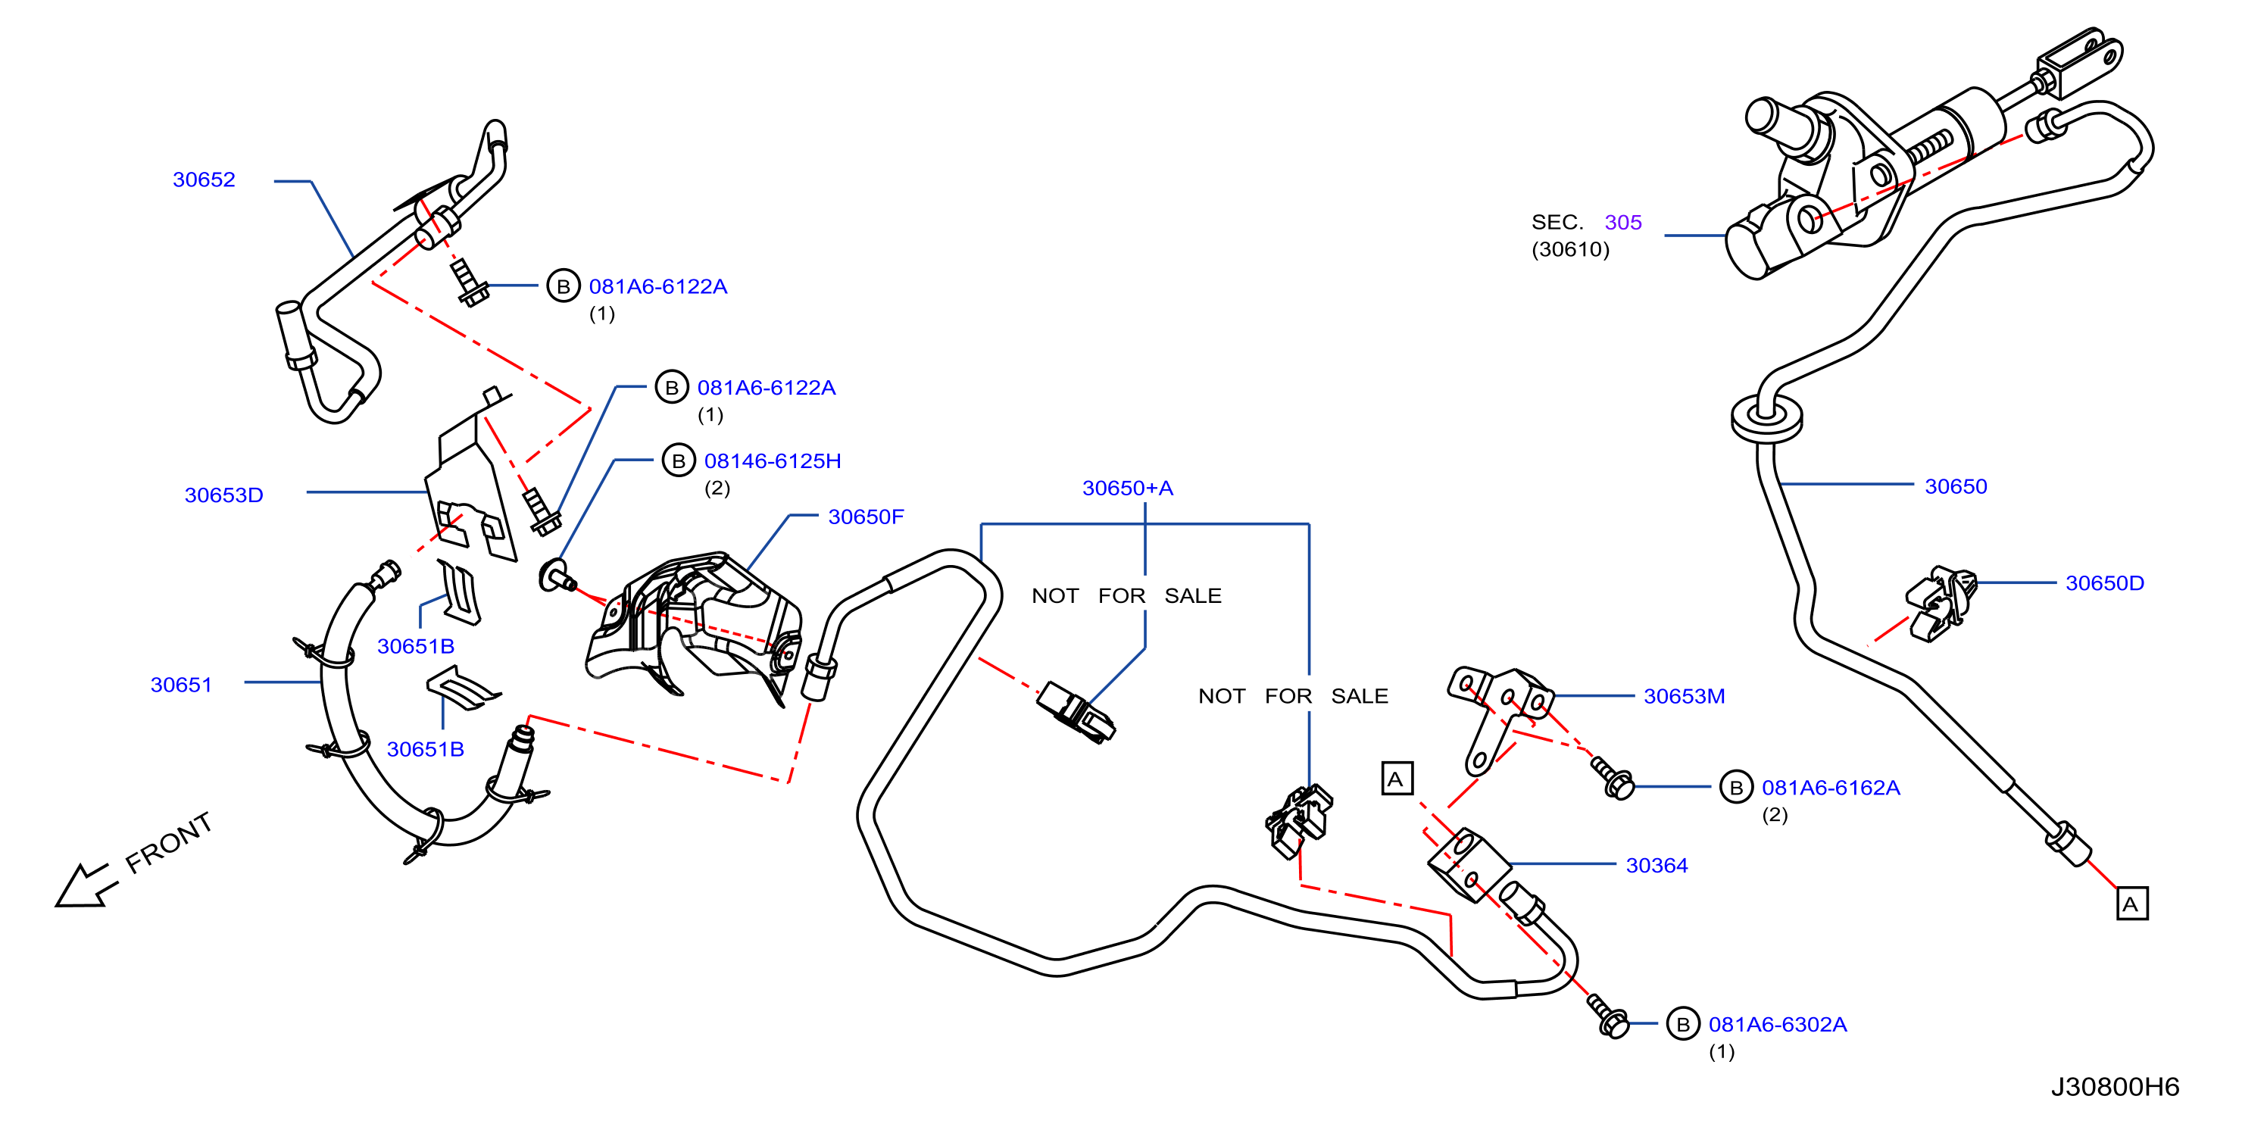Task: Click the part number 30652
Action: pyautogui.click(x=205, y=180)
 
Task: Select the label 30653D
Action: pyautogui.click(x=223, y=495)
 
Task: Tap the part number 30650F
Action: pyautogui.click(x=866, y=517)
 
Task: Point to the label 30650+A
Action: pyautogui.click(x=1127, y=488)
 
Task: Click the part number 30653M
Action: pyautogui.click(x=1685, y=696)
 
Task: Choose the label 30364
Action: pyautogui.click(x=1657, y=865)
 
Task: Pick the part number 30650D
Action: pyautogui.click(x=2105, y=582)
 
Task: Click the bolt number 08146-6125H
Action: pyautogui.click(x=773, y=461)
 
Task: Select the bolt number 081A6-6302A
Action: pyautogui.click(x=1778, y=1025)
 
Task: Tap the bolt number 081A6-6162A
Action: pyautogui.click(x=1831, y=788)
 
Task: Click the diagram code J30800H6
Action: pyautogui.click(x=2116, y=1087)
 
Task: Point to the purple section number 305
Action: pyautogui.click(x=1623, y=222)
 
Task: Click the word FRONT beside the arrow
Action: pyautogui.click(x=168, y=842)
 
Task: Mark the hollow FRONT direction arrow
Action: pyautogui.click(x=83, y=885)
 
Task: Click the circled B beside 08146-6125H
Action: pyautogui.click(x=679, y=461)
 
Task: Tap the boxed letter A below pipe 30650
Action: pyautogui.click(x=2131, y=903)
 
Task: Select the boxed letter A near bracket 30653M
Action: pyautogui.click(x=1397, y=778)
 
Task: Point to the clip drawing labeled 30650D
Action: pyautogui.click(x=1941, y=604)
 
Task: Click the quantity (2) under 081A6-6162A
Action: pyautogui.click(x=1774, y=815)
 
